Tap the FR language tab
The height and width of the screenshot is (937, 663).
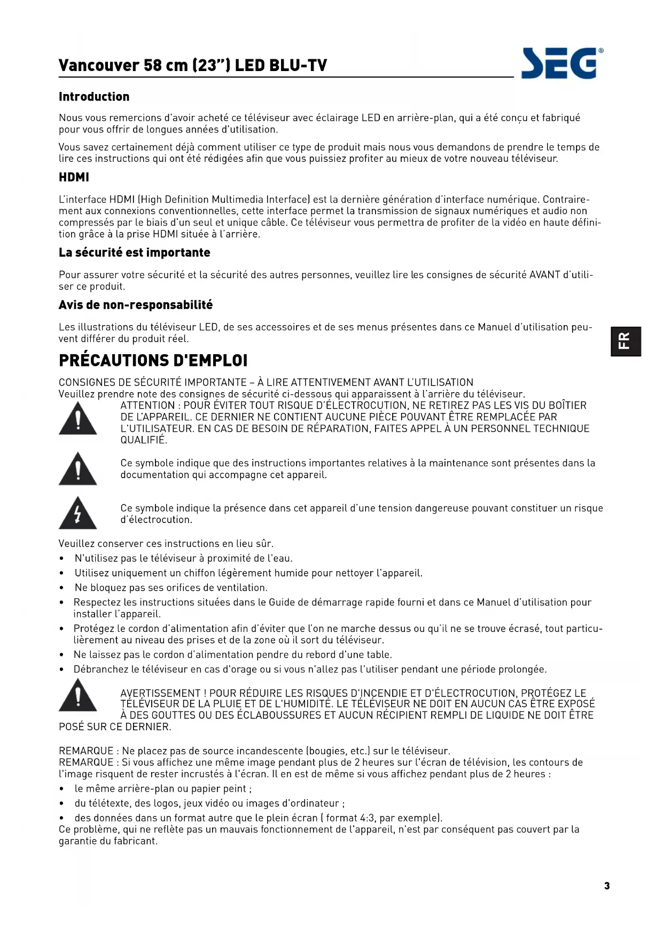coord(626,341)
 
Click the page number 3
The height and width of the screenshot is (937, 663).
coord(607,886)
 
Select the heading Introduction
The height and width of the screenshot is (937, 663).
coord(94,97)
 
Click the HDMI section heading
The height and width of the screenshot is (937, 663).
coord(74,177)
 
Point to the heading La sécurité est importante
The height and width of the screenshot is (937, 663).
coord(134,253)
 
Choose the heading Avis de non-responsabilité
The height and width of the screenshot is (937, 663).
coord(136,305)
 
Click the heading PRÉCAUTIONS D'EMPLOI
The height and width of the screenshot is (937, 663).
coord(153,361)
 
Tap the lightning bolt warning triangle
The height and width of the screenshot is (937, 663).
coord(78,513)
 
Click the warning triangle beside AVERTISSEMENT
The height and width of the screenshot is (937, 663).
coord(78,695)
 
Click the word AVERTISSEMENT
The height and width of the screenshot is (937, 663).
coord(160,693)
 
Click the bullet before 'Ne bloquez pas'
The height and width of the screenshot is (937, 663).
coord(62,588)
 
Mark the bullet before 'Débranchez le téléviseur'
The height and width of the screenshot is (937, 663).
coord(62,670)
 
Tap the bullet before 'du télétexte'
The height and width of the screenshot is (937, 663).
coord(62,804)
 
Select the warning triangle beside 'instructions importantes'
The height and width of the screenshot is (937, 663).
coord(78,468)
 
